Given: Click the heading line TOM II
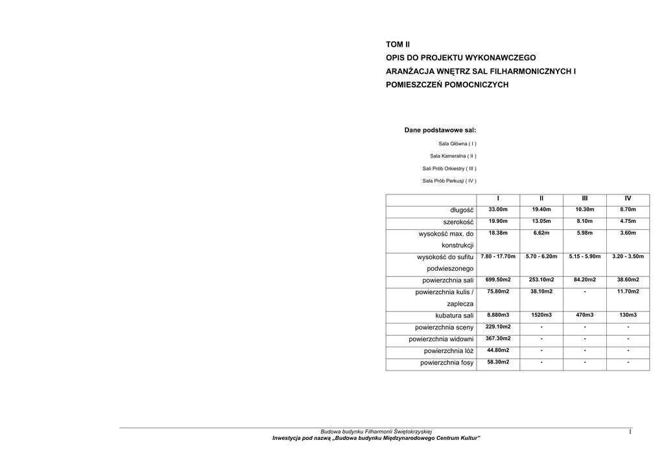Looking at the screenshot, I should [x=398, y=45].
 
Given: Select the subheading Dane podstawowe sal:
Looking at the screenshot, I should [x=440, y=130].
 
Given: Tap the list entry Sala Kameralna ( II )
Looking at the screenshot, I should [x=453, y=156].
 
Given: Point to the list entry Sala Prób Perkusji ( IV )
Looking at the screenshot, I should [x=449, y=181].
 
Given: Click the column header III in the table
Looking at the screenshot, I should [x=584, y=198].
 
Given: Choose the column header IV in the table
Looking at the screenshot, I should [x=628, y=198].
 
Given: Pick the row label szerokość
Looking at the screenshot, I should [x=458, y=222].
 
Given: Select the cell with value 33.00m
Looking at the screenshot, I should [x=498, y=210].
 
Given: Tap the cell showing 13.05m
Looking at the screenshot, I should [x=541, y=222].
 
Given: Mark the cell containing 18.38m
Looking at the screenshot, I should [x=498, y=233].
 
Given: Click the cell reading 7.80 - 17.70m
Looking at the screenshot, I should [x=498, y=257].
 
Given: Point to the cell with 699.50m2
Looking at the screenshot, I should [x=498, y=280].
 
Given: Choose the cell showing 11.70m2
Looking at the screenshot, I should [x=628, y=292].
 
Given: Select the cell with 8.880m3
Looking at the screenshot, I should [x=498, y=315].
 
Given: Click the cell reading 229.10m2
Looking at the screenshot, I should [x=498, y=326].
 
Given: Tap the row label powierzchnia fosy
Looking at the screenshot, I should [x=447, y=363].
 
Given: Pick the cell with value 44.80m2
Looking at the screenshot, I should [x=498, y=350].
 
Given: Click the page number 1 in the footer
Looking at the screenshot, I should [x=630, y=432].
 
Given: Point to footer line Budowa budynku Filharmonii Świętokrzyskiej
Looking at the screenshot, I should [x=376, y=432].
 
